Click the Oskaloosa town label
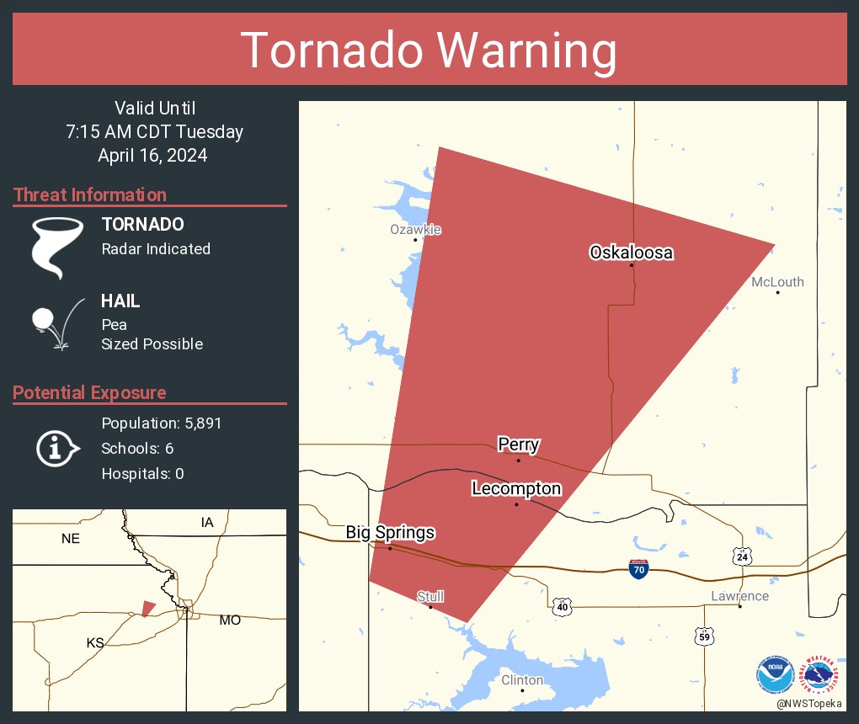point(632,252)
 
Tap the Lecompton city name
point(515,488)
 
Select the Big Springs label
point(390,532)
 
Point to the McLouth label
point(777,282)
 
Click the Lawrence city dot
point(739,606)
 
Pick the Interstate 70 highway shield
point(638,570)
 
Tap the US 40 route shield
point(562,605)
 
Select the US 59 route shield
point(704,636)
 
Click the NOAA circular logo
point(775,675)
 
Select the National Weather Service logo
point(822,675)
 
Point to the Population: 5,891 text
point(161,423)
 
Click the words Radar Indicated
point(156,249)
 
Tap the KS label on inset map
point(94,642)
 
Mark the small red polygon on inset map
point(148,608)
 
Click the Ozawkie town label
point(415,229)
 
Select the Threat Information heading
point(90,194)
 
